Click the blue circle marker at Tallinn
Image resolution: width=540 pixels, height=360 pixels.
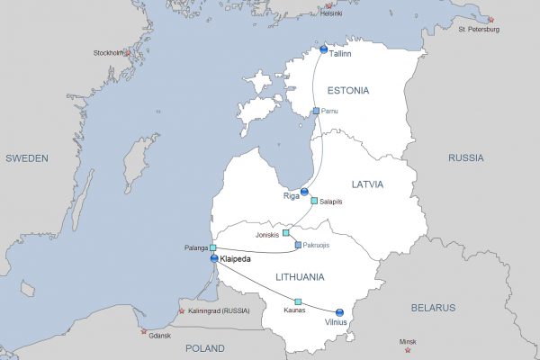(324, 50)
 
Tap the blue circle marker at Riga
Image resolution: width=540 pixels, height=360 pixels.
(304, 192)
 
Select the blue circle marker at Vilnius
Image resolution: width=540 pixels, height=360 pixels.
(339, 312)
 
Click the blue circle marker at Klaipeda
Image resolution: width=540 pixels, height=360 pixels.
(214, 258)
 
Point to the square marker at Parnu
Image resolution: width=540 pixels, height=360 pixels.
(316, 112)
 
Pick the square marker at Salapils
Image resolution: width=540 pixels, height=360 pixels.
(314, 201)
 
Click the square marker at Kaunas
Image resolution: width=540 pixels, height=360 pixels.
(298, 301)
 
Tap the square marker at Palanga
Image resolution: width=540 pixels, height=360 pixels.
(213, 247)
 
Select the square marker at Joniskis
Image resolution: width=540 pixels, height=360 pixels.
(286, 233)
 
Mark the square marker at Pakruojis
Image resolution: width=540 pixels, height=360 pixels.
(298, 244)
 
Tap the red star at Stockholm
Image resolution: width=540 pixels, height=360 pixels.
(127, 52)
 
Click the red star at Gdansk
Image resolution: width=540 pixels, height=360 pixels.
(141, 332)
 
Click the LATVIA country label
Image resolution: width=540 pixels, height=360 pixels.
(367, 184)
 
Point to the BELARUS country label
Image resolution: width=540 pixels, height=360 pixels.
(434, 307)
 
